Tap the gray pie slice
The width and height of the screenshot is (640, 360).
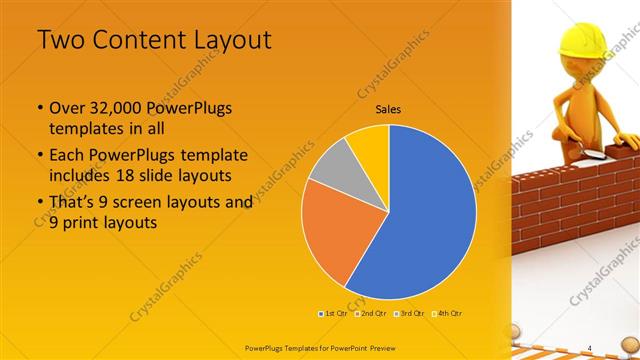tap(330, 165)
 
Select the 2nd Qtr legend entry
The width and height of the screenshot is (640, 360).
tap(373, 313)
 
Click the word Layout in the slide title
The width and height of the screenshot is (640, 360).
tap(223, 41)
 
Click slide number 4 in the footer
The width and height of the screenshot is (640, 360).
tap(590, 347)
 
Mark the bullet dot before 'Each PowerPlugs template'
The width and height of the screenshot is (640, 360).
tap(39, 156)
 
